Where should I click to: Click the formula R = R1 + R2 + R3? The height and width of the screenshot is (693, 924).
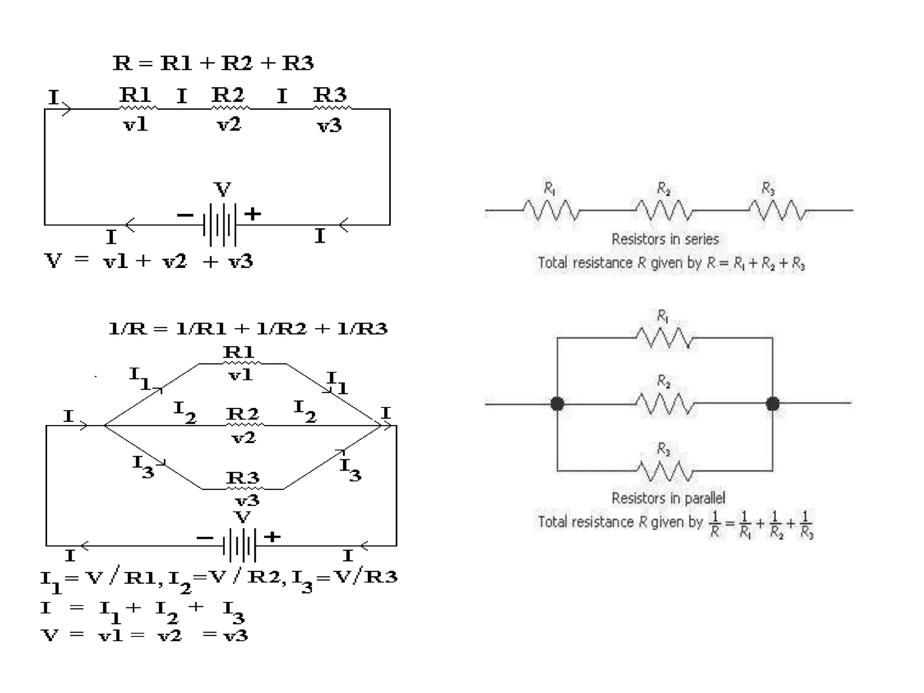tap(213, 63)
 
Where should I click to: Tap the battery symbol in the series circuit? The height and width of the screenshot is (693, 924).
tap(220, 224)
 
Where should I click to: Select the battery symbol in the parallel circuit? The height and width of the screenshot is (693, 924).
tap(240, 545)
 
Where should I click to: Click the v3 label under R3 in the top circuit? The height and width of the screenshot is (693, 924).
tap(329, 125)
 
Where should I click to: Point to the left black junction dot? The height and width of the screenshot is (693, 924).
tap(557, 403)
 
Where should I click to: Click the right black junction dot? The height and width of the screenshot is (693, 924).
tap(772, 403)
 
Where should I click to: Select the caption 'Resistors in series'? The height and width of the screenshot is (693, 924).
tap(665, 239)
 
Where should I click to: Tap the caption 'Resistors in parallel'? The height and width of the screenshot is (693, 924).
tap(668, 498)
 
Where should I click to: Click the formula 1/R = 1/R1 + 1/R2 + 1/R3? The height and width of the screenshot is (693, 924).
tap(248, 329)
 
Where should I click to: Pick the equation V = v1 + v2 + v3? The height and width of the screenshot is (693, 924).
tap(148, 261)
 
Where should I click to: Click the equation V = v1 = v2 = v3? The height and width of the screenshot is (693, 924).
tap(144, 635)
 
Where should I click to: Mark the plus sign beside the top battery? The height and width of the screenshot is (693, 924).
tap(253, 213)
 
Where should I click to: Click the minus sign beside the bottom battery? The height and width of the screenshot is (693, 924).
tap(205, 538)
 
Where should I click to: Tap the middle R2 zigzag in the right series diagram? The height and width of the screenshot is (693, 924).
tap(664, 210)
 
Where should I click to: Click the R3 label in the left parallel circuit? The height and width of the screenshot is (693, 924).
tap(243, 477)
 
